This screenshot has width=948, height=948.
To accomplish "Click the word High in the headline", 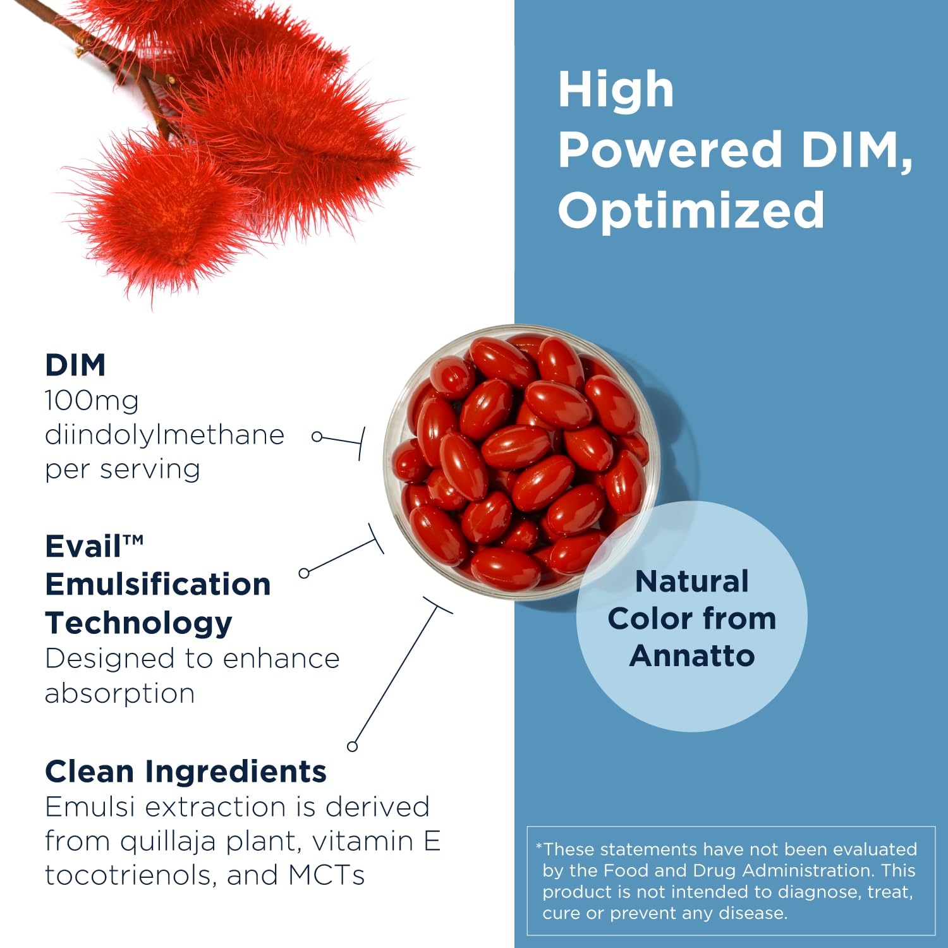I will (x=616, y=90).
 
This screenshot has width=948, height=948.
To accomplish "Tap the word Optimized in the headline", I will (x=691, y=210).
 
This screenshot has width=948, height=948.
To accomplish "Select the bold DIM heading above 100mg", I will (x=75, y=365).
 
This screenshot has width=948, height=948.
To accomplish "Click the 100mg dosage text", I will (x=92, y=401).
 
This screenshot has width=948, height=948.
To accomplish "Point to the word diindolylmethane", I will (x=164, y=435).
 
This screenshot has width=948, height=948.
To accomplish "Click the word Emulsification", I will (x=158, y=584).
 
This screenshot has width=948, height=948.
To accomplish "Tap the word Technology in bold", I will (x=138, y=623).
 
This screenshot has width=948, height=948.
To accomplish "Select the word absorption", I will (x=119, y=693).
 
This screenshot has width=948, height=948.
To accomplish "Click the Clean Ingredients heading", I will (x=186, y=772).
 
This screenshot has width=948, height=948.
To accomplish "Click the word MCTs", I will (x=326, y=875).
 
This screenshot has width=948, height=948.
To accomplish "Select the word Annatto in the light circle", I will (x=692, y=655).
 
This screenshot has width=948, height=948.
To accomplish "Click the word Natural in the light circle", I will (x=692, y=581).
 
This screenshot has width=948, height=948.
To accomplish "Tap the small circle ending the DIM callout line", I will (x=317, y=436).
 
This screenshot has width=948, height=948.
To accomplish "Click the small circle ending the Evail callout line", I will (x=304, y=573).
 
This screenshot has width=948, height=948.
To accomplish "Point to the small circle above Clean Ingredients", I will (x=353, y=746).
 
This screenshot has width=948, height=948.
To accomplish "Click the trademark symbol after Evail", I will (x=133, y=540).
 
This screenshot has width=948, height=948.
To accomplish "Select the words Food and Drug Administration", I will (x=726, y=870).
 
